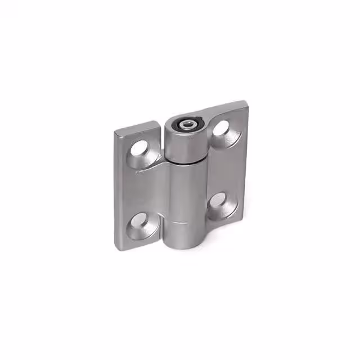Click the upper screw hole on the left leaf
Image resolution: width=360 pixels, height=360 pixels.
(x=140, y=149)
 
